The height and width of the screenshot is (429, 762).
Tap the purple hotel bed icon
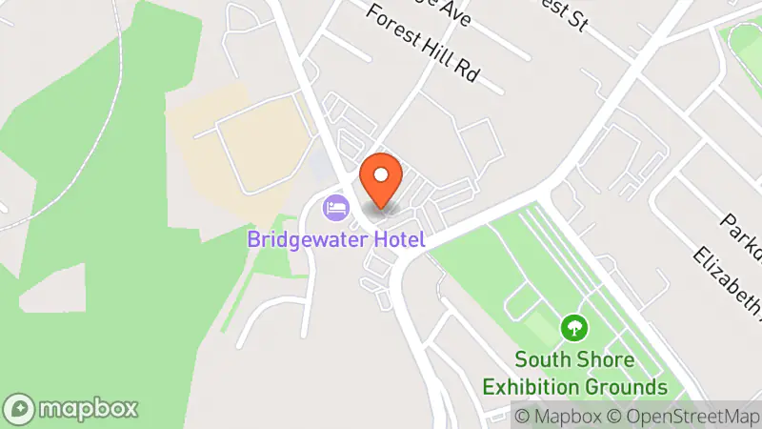tap(335, 205)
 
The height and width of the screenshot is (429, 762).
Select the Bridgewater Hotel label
tap(335, 238)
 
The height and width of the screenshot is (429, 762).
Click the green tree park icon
tap(573, 329)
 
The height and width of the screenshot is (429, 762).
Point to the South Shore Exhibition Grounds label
tap(573, 374)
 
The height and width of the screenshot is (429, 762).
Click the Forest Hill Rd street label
tap(420, 47)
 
